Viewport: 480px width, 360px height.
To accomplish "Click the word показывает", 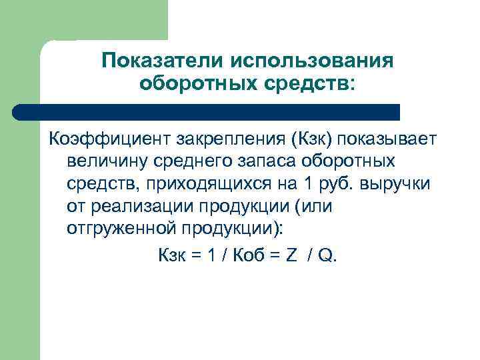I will click(x=387, y=139).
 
